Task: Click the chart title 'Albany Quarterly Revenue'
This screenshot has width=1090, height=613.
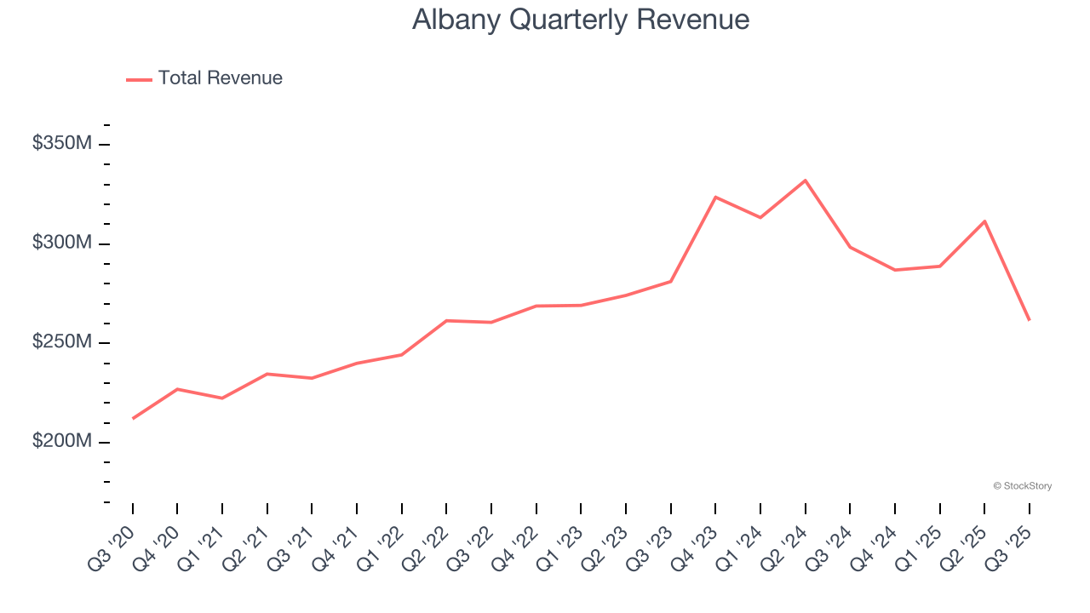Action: tap(581, 20)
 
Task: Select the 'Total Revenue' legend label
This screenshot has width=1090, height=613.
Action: tap(220, 78)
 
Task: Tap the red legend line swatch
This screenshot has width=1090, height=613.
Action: tap(139, 79)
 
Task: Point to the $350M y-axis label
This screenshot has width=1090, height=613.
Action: tap(62, 144)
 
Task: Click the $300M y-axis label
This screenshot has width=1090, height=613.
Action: tap(62, 243)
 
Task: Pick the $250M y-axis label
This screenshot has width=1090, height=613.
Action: tap(62, 342)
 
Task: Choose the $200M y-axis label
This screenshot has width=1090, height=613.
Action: tap(62, 442)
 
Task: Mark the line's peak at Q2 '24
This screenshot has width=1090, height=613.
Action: tap(805, 180)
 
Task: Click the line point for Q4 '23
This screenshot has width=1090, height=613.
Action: tap(715, 198)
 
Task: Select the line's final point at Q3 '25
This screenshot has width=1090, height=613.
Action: tap(1029, 319)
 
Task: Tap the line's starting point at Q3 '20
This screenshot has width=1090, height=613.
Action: tap(133, 418)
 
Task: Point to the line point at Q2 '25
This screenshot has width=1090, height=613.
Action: tap(984, 221)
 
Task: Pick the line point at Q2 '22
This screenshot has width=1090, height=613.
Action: tap(446, 321)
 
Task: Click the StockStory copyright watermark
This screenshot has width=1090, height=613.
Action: tap(1022, 486)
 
